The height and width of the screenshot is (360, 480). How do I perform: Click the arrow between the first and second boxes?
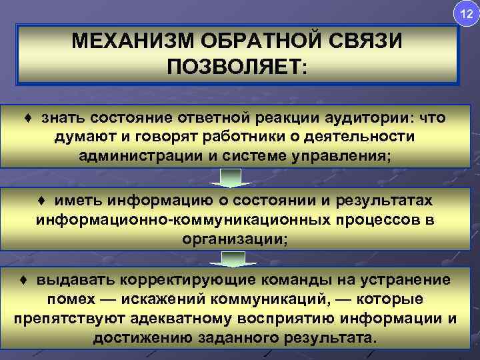[x=230, y=177]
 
